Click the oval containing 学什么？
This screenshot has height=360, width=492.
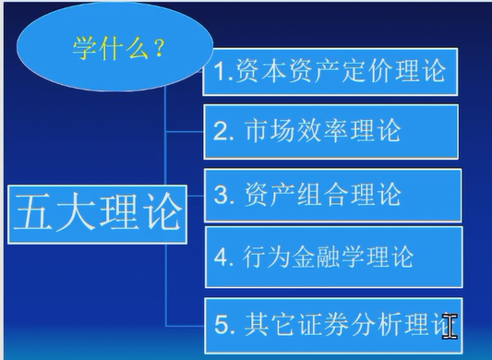pos(114,49)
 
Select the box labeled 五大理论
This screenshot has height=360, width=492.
pos(96,213)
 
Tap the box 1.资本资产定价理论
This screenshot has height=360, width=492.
pos(330,71)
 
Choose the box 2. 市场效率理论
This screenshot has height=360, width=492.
pos(330,130)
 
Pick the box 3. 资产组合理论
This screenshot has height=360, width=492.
pos(330,195)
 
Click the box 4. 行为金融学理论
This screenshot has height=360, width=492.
pos(330,255)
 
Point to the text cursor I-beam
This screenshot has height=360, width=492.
pos(450,325)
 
